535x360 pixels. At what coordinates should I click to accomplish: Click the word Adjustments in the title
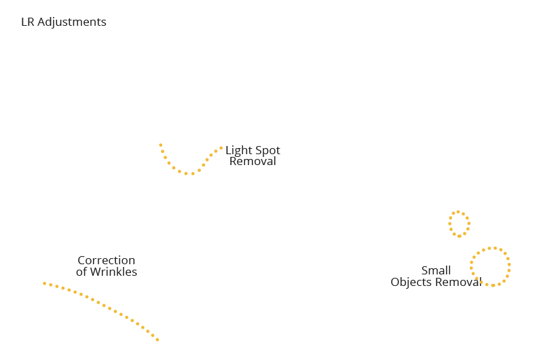tap(72, 22)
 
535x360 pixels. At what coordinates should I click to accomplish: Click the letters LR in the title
tap(27, 22)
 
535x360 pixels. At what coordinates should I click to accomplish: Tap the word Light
tap(238, 151)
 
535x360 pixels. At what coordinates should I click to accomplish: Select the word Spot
tap(268, 151)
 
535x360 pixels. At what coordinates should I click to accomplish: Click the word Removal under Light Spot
tap(253, 161)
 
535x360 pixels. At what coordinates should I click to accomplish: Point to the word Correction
tap(107, 260)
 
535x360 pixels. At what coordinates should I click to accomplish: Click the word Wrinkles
tap(113, 272)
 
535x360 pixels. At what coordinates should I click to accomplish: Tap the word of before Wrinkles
tap(81, 272)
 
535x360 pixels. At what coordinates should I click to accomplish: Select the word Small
tap(436, 270)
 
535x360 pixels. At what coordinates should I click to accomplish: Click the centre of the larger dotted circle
tap(490, 266)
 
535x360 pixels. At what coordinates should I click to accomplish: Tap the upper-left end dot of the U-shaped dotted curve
tap(161, 145)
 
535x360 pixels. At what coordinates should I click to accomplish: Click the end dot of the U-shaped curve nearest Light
tap(221, 148)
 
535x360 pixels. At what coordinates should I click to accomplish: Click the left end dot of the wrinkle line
tap(44, 283)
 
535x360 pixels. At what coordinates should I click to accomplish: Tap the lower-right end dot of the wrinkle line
tap(158, 340)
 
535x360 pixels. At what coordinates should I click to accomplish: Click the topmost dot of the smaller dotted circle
tap(458, 212)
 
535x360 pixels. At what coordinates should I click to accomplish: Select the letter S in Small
tap(425, 270)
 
